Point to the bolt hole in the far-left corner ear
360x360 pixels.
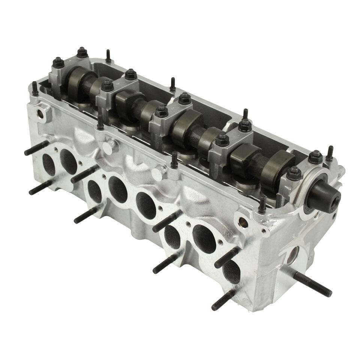point(39,112)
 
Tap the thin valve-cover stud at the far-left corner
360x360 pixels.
point(35,88)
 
